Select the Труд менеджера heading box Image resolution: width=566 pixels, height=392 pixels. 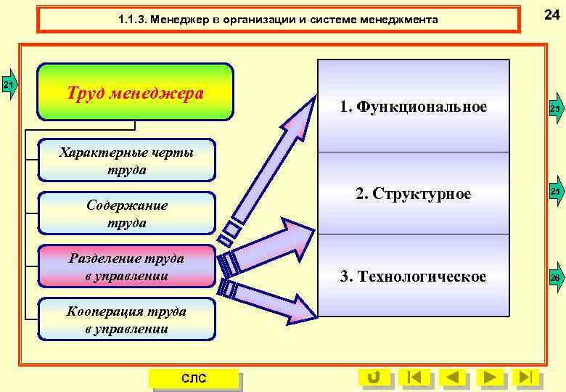tap(136, 93)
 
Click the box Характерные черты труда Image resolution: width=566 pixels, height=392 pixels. tap(127, 160)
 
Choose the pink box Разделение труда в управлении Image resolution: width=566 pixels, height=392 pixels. tap(127, 266)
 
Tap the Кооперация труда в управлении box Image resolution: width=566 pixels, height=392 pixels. tap(127, 320)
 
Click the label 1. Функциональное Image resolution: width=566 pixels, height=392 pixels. tap(413, 107)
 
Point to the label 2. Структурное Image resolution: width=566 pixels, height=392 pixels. tap(413, 194)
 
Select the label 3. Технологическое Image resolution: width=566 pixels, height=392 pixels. tap(413, 277)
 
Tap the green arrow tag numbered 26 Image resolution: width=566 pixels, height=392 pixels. tap(556, 279)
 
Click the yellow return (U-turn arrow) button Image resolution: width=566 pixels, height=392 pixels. tap(374, 377)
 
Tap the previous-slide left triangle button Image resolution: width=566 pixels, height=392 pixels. tap(453, 377)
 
